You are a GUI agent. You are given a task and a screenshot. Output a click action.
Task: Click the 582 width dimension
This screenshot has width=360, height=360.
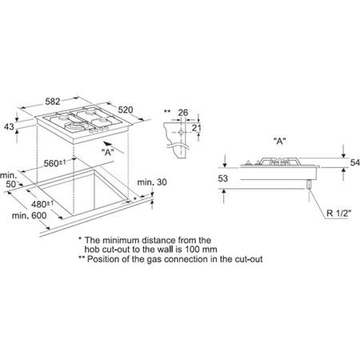click(x=53, y=102)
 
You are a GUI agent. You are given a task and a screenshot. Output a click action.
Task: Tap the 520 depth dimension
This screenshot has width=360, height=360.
click(x=126, y=110)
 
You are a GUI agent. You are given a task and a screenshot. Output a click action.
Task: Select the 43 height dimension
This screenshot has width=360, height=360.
click(x=9, y=126)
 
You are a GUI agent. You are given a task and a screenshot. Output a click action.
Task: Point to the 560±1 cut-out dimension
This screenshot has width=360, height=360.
click(x=54, y=163)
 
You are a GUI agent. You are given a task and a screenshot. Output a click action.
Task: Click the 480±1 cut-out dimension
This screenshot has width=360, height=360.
click(x=42, y=204)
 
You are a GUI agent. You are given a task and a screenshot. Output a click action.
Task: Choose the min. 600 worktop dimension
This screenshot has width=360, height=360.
click(x=29, y=215)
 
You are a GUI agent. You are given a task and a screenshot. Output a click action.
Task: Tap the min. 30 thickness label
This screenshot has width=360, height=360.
click(x=152, y=182)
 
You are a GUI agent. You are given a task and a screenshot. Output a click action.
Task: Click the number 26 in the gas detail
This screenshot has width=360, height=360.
click(x=183, y=113)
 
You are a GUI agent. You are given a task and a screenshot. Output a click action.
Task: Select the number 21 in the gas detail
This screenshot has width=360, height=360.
click(x=197, y=128)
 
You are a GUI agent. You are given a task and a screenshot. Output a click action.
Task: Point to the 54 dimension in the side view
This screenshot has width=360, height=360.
click(x=354, y=162)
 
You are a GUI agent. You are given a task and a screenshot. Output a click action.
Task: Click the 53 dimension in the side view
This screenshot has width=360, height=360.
click(x=222, y=178)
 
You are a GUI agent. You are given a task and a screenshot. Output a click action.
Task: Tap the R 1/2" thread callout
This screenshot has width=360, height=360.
click(x=338, y=213)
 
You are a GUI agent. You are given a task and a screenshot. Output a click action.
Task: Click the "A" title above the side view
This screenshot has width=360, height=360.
click(x=279, y=141)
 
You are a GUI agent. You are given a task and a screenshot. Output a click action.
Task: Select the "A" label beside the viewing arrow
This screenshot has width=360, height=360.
click(x=108, y=152)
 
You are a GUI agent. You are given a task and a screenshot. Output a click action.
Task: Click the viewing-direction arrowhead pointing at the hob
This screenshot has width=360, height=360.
click(x=106, y=143)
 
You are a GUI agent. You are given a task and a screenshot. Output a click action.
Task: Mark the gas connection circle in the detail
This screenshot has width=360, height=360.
click(x=181, y=132)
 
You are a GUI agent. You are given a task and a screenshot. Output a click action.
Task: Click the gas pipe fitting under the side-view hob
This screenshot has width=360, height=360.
click(x=309, y=184)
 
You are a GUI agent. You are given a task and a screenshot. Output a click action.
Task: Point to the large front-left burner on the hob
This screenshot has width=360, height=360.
click(x=75, y=126)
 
